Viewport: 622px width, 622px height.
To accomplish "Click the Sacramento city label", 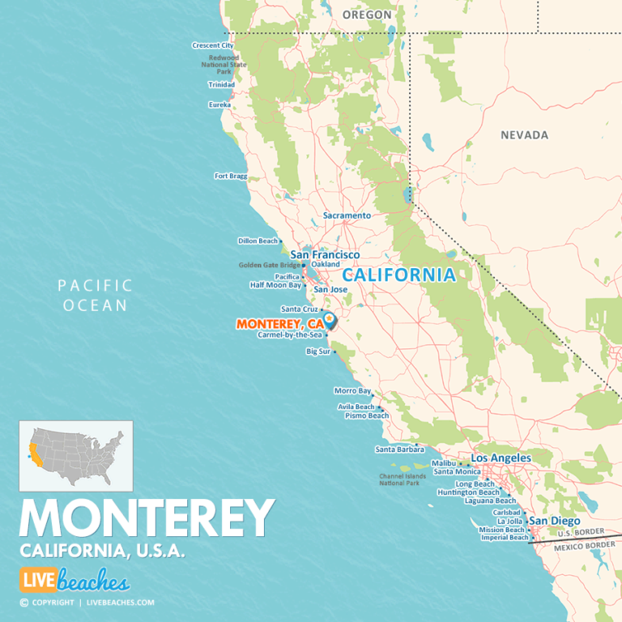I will (347, 215).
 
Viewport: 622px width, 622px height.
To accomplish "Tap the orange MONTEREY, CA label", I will (279, 324).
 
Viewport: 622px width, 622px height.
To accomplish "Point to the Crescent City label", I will (212, 45).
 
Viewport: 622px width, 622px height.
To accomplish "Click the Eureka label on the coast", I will (219, 104).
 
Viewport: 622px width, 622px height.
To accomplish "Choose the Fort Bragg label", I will (230, 176).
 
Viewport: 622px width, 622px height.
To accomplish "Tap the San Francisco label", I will (325, 254).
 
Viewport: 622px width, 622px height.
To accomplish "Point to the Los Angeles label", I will (501, 458).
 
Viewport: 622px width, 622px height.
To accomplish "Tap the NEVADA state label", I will (524, 135).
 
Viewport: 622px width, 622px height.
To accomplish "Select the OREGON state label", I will (367, 15).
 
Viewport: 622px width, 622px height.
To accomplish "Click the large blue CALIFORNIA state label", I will (398, 275).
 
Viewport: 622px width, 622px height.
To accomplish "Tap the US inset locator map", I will (75, 456).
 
